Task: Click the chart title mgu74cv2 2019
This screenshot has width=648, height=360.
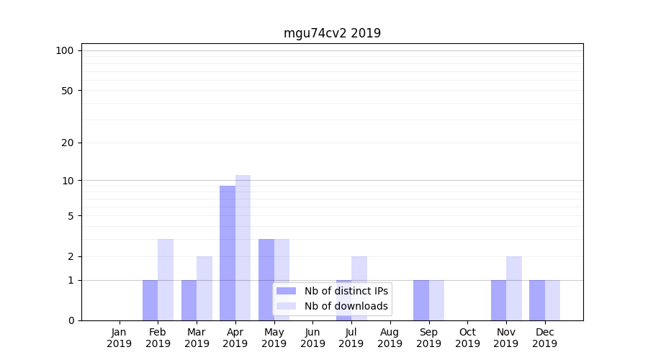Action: point(332,33)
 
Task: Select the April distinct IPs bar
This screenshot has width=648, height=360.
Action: point(228,253)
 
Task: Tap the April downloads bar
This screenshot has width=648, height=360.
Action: point(243,248)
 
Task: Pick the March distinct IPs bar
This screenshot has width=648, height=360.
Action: point(189,300)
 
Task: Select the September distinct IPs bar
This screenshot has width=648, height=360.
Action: point(420,300)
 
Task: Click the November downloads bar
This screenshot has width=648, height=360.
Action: point(514,288)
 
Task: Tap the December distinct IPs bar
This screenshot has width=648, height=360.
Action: point(537,300)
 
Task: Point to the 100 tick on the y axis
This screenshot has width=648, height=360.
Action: point(65,50)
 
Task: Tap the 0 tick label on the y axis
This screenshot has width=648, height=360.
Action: point(71,320)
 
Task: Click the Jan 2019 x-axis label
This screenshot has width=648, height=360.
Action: point(120,338)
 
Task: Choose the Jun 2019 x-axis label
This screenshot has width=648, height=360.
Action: point(312,338)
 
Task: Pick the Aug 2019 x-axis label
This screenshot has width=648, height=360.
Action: point(390,338)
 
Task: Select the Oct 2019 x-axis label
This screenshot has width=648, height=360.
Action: point(467,338)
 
